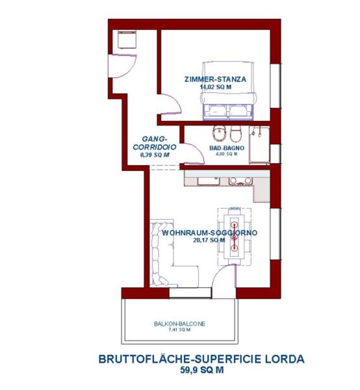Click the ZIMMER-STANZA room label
[x=215, y=79]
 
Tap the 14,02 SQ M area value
[x=216, y=87]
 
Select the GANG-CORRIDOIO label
[x=155, y=143]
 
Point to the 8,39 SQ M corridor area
[x=155, y=155]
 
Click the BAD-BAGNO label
[x=227, y=148]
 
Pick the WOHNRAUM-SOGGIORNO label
[x=210, y=233]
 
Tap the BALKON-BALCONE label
[x=179, y=324]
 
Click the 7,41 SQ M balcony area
[x=179, y=330]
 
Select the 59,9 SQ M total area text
[x=202, y=370]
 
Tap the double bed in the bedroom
[x=228, y=91]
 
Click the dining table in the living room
[x=234, y=237]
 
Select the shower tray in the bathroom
[x=259, y=145]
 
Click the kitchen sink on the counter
[x=209, y=181]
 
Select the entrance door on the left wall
[x=122, y=66]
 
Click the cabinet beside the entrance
[x=127, y=39]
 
